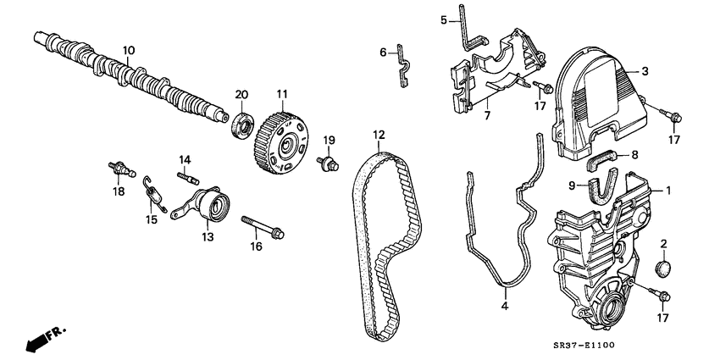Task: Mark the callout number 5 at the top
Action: tap(443, 19)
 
